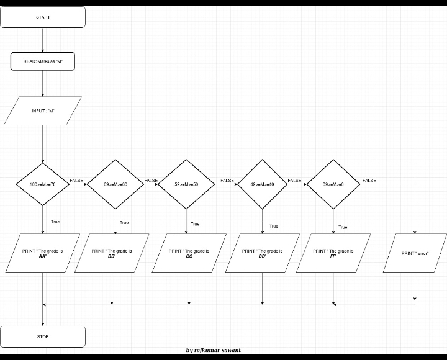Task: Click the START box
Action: pos(43,17)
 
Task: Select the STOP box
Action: pos(43,336)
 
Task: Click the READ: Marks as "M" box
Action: pos(43,61)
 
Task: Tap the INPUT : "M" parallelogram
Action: pos(43,110)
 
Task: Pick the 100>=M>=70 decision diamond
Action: pos(43,184)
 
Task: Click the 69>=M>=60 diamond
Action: pos(115,184)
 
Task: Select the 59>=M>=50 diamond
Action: pos(187,184)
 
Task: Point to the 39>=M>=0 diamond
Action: pos(333,184)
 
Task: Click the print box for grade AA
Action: pos(43,253)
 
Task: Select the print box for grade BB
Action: pos(112,253)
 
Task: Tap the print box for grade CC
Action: pos(189,253)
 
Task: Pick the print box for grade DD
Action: pos(262,253)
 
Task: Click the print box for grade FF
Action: pos(333,253)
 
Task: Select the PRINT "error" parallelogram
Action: pos(415,253)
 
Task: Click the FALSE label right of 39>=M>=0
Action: pos(369,180)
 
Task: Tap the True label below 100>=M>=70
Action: pos(55,222)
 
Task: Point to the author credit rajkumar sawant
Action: pos(214,351)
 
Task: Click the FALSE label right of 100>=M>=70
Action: pos(76,180)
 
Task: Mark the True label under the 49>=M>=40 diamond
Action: pos(274,227)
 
